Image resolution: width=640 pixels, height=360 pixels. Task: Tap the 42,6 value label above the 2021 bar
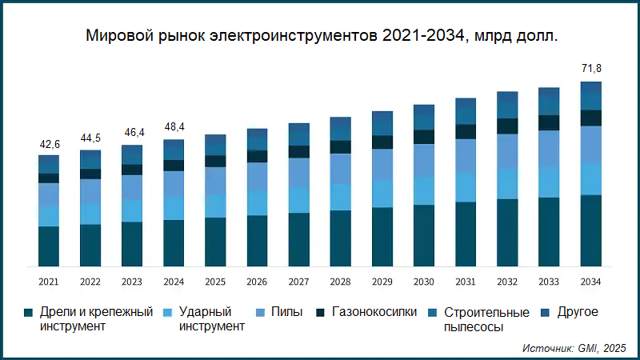[x=50, y=145]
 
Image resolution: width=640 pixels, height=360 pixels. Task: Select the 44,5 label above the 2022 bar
[x=90, y=138]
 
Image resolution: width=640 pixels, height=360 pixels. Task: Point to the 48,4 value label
[x=174, y=127]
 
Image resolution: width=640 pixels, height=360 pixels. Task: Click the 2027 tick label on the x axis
[x=298, y=282]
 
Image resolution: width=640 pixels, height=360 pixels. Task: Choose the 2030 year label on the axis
[x=423, y=282]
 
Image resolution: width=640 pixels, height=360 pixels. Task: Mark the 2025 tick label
[x=215, y=282]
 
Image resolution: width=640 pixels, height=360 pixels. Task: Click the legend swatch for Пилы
[x=259, y=312]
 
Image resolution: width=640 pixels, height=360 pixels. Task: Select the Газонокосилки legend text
[x=374, y=312]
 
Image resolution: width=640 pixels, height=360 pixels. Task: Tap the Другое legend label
[x=578, y=312]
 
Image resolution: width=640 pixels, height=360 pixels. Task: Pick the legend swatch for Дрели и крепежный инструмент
[x=29, y=312]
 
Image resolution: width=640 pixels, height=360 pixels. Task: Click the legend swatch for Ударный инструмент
[x=168, y=312]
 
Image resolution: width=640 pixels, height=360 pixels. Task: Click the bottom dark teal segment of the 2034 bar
[x=590, y=230]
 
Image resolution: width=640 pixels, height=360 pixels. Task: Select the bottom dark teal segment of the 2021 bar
[x=50, y=246]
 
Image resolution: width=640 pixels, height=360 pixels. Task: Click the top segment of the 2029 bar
[x=382, y=117]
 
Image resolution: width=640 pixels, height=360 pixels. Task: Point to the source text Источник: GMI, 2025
[x=574, y=349]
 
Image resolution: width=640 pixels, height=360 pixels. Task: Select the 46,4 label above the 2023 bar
[x=132, y=133]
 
